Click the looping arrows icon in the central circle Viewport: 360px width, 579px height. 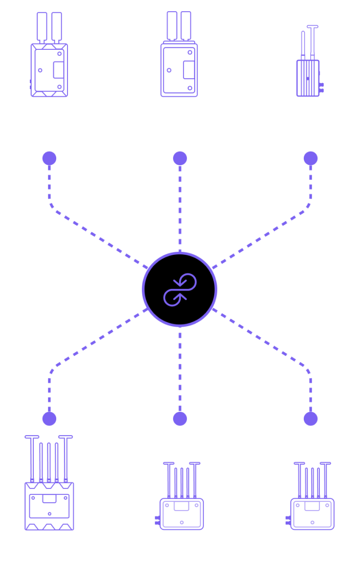(180, 289)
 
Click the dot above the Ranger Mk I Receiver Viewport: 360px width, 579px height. (49, 419)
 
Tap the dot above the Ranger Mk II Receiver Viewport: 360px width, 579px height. (180, 419)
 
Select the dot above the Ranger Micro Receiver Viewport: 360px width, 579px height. (311, 419)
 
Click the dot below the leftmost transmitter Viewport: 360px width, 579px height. (49, 158)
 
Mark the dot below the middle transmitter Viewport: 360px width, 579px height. (180, 158)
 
